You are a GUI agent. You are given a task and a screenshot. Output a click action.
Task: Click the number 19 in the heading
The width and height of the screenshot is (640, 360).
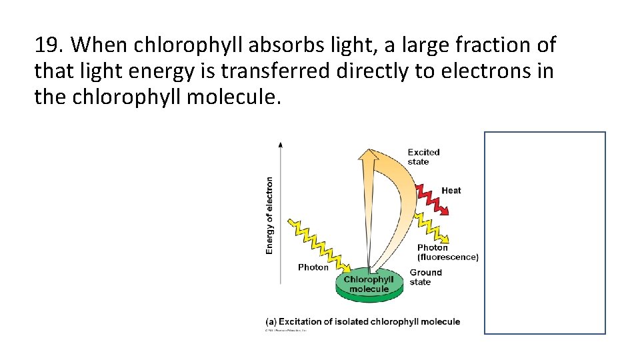tap(48, 45)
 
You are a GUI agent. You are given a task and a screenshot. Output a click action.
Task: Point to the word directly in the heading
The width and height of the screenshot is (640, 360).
tap(373, 71)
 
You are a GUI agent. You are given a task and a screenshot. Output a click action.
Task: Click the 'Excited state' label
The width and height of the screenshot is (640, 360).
tap(423, 157)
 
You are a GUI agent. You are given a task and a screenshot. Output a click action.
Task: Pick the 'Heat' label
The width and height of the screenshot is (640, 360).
tap(451, 191)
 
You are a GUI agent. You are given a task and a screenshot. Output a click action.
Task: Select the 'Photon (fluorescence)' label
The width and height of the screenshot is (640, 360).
tap(447, 252)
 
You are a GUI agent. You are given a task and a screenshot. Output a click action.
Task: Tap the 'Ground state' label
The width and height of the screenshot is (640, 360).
tap(425, 277)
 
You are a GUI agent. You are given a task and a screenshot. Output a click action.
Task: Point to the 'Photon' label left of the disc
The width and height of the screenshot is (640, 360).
tap(313, 267)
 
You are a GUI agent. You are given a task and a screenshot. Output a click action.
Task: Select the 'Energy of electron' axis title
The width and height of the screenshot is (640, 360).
tap(269, 215)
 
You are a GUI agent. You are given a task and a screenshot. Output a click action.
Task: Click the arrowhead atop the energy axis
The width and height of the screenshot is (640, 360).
tap(281, 143)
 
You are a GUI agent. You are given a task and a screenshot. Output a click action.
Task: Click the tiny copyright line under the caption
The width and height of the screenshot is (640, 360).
tap(285, 330)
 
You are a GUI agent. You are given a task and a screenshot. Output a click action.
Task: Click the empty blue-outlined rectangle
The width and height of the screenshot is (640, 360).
tap(545, 232)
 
